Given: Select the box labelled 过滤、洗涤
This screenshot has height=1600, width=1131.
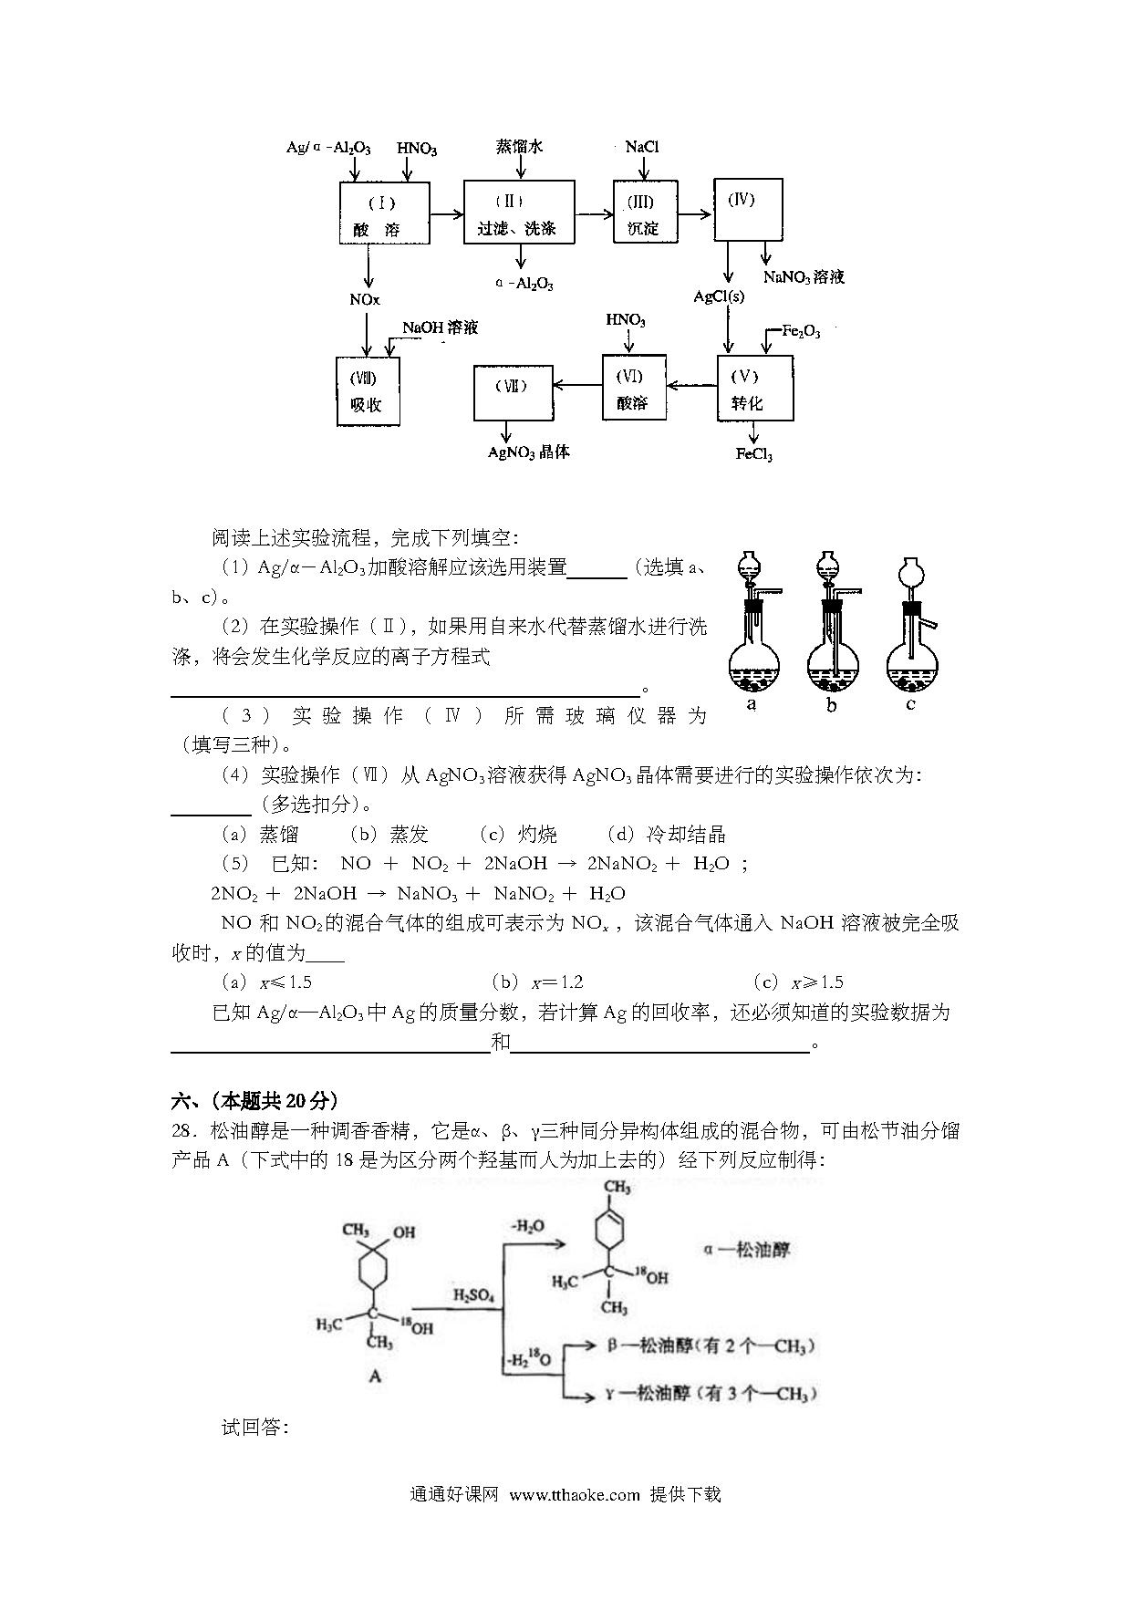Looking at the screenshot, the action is pyautogui.click(x=519, y=212).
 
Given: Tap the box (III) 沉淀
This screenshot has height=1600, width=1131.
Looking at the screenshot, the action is pyautogui.click(x=646, y=212).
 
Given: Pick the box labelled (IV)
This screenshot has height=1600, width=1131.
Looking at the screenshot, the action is pyautogui.click(x=747, y=210).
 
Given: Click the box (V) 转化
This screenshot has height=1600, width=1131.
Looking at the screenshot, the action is pyautogui.click(x=755, y=388).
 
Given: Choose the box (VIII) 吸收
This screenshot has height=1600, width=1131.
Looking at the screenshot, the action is pyautogui.click(x=368, y=391).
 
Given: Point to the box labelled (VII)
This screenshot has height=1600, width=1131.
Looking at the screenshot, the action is pyautogui.click(x=513, y=392).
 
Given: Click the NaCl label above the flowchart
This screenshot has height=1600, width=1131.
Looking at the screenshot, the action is pyautogui.click(x=642, y=146).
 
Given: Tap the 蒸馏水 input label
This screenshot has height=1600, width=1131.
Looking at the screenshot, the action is pyautogui.click(x=519, y=146).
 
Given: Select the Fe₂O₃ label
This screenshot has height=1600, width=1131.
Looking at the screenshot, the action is pyautogui.click(x=801, y=332).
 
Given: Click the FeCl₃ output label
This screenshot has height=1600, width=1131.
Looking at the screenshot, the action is pyautogui.click(x=754, y=453).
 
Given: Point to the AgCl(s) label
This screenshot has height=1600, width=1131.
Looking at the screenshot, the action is pyautogui.click(x=719, y=296).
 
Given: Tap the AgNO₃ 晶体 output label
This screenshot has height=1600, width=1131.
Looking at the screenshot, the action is pyautogui.click(x=529, y=452).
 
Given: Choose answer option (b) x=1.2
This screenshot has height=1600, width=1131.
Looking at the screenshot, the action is pyautogui.click(x=537, y=982).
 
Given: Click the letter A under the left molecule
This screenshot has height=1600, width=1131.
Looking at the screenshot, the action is pyautogui.click(x=375, y=1377).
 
